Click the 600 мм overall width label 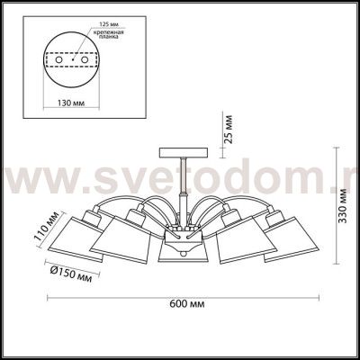(x=187, y=304)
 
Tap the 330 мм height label (x=342, y=205)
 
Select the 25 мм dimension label (x=229, y=129)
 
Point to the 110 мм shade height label (x=48, y=229)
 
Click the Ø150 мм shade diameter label (x=71, y=274)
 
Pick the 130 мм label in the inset (x=71, y=103)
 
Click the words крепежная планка (x=108, y=34)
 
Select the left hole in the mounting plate (x=58, y=60)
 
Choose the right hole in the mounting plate (x=85, y=60)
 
